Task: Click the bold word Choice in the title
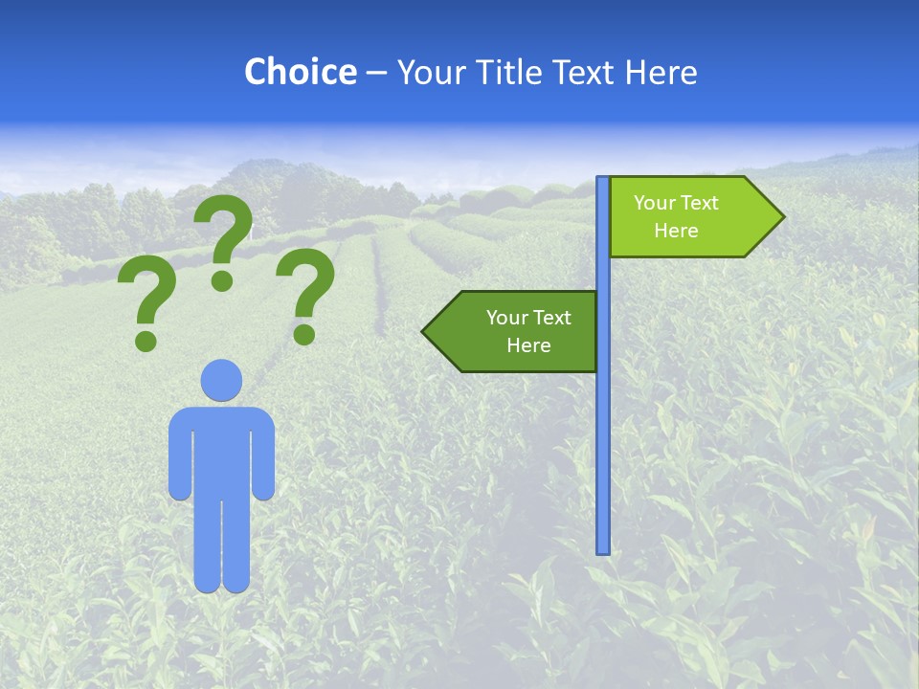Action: click(x=300, y=72)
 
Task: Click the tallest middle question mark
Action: click(x=224, y=239)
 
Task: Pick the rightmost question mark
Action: click(x=305, y=293)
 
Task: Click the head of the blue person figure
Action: click(x=221, y=380)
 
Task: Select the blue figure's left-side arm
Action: click(x=179, y=455)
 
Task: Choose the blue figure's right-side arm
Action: click(x=264, y=455)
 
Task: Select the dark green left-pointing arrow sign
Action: click(x=517, y=331)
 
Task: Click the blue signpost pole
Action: click(x=603, y=431)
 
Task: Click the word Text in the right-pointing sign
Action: click(x=700, y=203)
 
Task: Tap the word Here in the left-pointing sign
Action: click(x=528, y=345)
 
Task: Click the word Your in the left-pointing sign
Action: click(x=506, y=318)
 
